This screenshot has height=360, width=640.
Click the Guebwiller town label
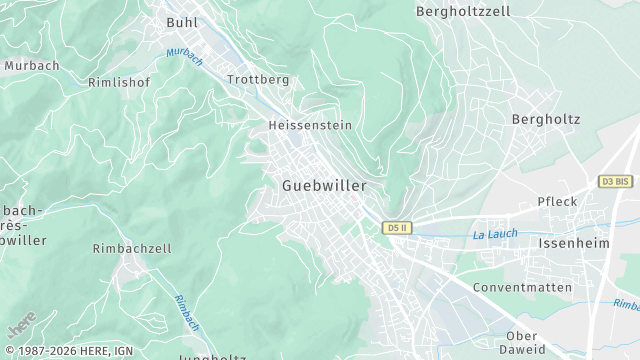[x=324, y=186]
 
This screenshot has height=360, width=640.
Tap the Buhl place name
[x=182, y=21]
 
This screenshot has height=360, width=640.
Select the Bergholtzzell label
[x=463, y=11]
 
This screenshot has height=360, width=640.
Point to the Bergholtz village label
[x=545, y=119]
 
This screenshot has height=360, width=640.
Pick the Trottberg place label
[x=258, y=79]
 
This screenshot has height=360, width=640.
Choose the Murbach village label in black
[x=32, y=65]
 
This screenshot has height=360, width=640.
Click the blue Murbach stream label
[x=184, y=56]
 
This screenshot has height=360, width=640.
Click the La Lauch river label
[x=494, y=235]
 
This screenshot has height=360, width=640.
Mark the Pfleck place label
[x=557, y=201]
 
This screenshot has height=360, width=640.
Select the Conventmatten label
[x=523, y=288]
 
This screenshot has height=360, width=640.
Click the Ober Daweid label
[x=525, y=342]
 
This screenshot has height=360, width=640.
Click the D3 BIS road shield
[x=615, y=181]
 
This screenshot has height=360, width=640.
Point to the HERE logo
[x=22, y=327]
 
